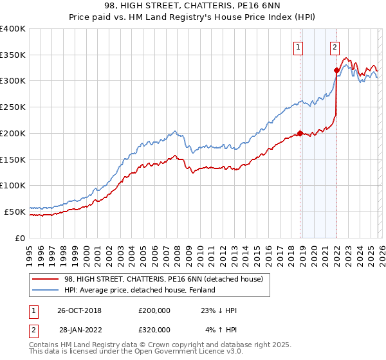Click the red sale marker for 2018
click(300, 134)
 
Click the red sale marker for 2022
click(336, 71)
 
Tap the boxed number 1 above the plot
click(299, 46)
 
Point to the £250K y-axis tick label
click(13, 107)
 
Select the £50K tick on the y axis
click(15, 211)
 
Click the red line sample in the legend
click(46, 280)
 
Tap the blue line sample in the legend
click(46, 291)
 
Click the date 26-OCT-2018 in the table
click(80, 310)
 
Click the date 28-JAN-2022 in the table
click(80, 330)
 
